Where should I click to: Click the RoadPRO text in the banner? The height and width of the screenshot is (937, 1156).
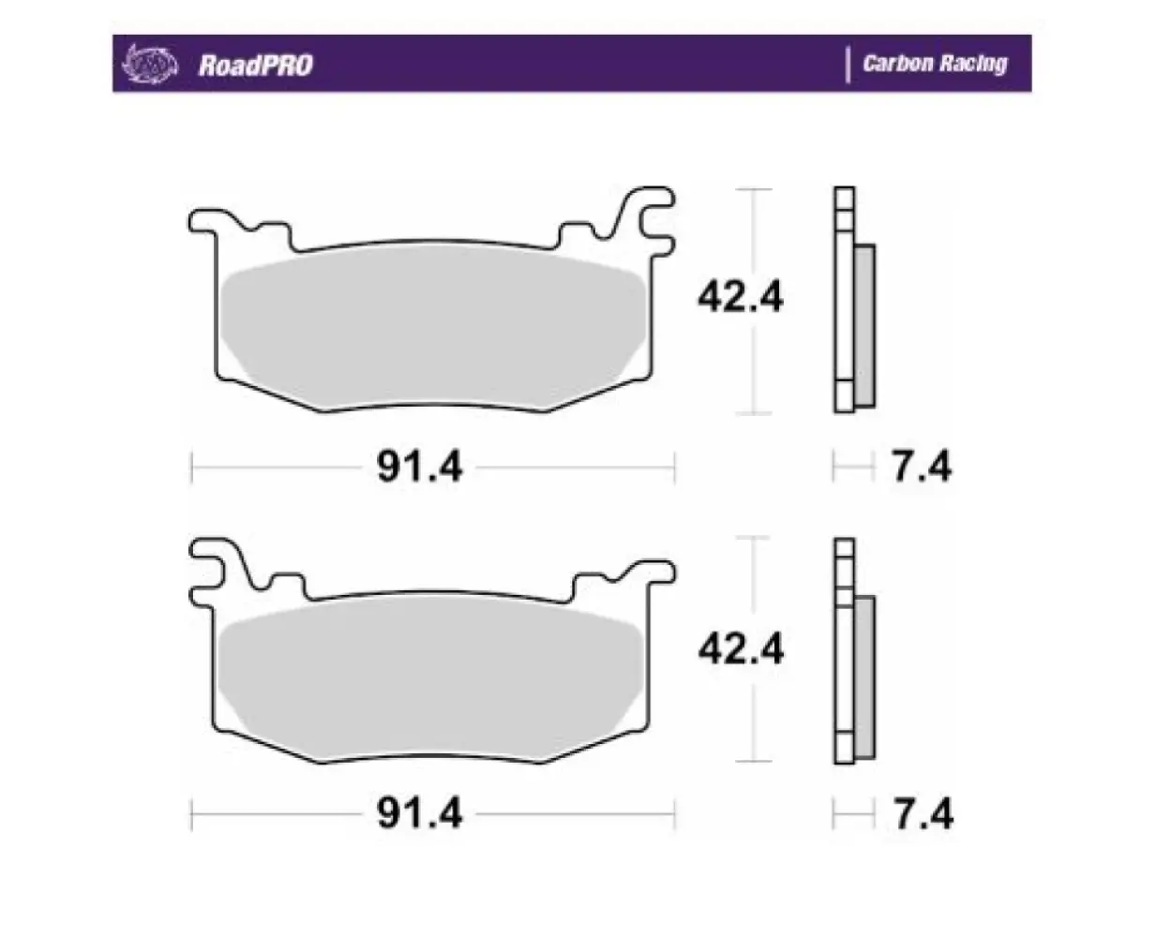tap(255, 65)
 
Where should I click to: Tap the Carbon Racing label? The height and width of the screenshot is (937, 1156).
tap(934, 64)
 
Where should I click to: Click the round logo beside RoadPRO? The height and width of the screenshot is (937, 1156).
tap(151, 64)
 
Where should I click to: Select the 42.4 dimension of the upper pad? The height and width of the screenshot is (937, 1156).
tap(740, 297)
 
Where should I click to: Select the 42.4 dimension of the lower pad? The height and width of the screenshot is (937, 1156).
tap(740, 648)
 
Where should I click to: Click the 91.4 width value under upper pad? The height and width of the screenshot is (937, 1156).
tap(419, 466)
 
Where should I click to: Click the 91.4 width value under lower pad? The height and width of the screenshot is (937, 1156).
tap(419, 813)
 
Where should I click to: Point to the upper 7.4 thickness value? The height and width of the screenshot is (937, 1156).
tap(921, 466)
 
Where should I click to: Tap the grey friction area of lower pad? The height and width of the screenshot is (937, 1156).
tap(431, 679)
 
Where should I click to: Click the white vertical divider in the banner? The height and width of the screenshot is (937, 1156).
tap(848, 65)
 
